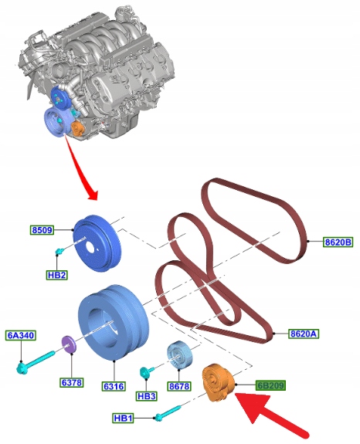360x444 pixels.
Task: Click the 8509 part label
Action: [x=42, y=230]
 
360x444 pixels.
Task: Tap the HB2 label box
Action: [x=57, y=275]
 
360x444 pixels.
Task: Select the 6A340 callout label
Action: [x=21, y=335]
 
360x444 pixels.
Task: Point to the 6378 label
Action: [x=72, y=382]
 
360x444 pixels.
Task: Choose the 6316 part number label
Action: [x=114, y=386]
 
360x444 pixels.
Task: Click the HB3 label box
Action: [x=146, y=396]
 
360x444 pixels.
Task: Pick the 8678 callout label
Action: [x=179, y=386]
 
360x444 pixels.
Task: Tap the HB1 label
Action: [x=123, y=418]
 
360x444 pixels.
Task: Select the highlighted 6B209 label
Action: [x=270, y=385]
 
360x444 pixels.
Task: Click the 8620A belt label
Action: [x=304, y=334]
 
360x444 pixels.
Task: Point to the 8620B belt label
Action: [x=338, y=242]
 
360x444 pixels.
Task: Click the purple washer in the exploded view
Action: [x=69, y=344]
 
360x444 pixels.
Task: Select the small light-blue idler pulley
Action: [x=179, y=355]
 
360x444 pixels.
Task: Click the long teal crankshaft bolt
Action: [x=36, y=362]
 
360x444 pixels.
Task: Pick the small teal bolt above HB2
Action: [x=60, y=251]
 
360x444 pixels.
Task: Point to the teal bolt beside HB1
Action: [x=168, y=413]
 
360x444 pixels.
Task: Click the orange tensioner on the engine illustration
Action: [x=77, y=130]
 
